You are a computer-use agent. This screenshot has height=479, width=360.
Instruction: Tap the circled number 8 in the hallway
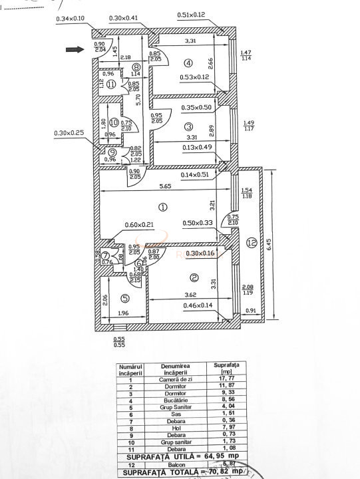click(x=136, y=67)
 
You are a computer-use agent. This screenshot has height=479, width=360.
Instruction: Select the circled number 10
click(x=114, y=122)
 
